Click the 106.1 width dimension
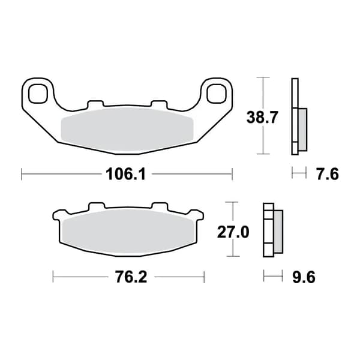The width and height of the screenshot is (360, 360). (x=125, y=174)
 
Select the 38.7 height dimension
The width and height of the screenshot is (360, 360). (x=262, y=118)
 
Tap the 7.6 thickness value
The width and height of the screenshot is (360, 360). (x=328, y=174)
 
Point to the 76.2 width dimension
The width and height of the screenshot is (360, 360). (x=131, y=277)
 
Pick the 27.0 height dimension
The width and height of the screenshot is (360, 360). (x=233, y=232)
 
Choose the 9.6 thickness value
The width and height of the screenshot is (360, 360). (x=304, y=277)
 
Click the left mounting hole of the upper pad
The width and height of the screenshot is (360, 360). (x=38, y=94)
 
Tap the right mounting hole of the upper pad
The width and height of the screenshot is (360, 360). (x=216, y=94)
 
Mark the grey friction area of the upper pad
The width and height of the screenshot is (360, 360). (x=127, y=130)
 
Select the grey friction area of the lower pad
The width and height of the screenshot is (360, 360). (x=128, y=232)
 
